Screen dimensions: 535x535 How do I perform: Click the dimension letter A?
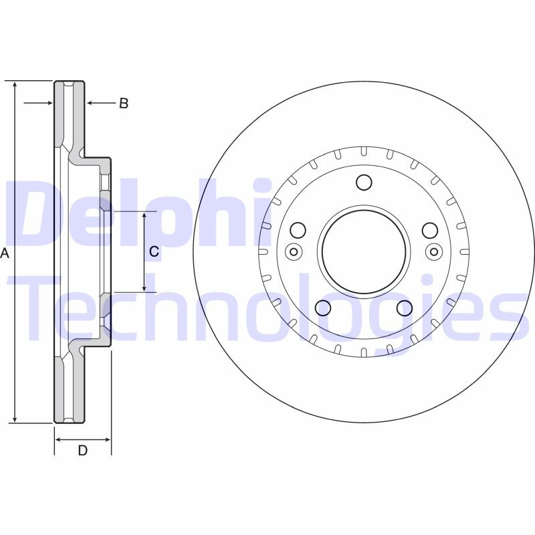6,253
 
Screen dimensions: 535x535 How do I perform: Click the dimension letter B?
123,103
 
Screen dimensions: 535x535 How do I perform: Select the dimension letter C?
154,251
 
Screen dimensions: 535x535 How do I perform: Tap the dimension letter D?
82,451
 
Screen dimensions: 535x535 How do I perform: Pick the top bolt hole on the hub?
364,182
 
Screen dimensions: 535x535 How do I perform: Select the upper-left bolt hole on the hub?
298,231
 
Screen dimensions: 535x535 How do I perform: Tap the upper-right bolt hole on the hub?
429,231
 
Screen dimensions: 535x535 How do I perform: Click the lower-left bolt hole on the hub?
323,308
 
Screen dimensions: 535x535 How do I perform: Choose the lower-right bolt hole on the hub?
404,308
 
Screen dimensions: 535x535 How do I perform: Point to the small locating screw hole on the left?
292,251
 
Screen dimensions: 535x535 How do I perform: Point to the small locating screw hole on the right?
434,251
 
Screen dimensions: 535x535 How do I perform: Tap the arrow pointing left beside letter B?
92,103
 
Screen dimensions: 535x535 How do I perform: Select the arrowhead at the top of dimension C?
144,216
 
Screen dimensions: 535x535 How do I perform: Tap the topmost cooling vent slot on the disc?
363,152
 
